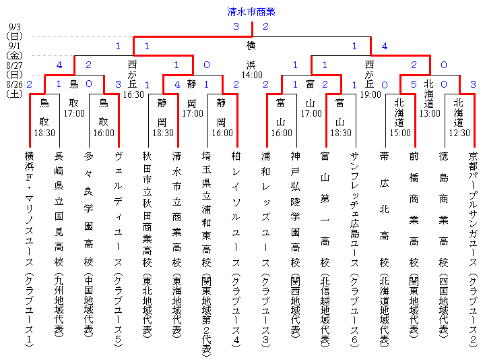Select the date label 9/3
(x=13, y=27)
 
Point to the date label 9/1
(x=13, y=46)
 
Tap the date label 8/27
(x=14, y=65)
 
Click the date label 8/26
(x=14, y=84)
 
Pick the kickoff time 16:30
(x=133, y=95)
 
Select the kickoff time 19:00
(x=369, y=95)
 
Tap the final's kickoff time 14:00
(x=251, y=76)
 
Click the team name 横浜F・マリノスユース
(x=29, y=249)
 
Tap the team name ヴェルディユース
(x=118, y=243)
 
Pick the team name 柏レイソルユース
(x=236, y=243)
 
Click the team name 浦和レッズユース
(x=265, y=243)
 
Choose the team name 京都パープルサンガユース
(x=473, y=249)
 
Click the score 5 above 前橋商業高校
(x=414, y=85)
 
